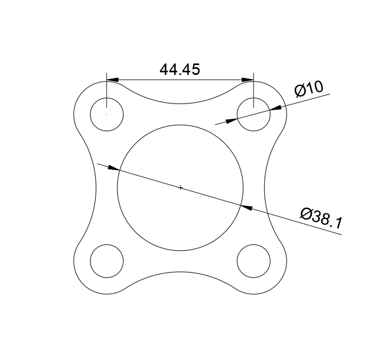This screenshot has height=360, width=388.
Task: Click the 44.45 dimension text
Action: tap(180, 70)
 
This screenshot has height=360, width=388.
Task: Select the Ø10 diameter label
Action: tap(309, 89)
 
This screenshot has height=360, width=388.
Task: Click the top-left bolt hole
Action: tap(107, 114)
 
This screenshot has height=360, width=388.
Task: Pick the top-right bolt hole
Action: tap(254, 114)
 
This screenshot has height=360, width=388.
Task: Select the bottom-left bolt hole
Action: tap(107, 261)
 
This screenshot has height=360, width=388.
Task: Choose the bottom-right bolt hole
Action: tap(254, 261)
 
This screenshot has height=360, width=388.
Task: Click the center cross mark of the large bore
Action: tap(180, 187)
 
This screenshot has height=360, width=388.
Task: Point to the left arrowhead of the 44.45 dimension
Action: tap(112, 80)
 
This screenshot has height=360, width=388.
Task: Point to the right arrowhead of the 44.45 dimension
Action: tap(247, 80)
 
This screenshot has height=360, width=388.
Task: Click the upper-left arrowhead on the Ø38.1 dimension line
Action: tap(113, 168)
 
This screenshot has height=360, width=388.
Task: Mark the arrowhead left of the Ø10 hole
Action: tap(231, 121)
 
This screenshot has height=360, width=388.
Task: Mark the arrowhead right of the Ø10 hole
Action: tap(276, 108)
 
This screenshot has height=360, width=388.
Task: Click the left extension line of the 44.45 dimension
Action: tap(107, 91)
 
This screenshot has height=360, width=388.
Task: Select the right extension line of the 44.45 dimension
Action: tap(254, 91)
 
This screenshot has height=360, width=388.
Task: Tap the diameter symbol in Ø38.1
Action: tap(306, 213)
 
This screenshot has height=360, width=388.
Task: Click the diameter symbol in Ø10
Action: tap(300, 91)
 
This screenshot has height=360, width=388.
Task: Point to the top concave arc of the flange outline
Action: tap(180, 103)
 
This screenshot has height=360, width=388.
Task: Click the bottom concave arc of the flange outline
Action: tap(180, 272)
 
